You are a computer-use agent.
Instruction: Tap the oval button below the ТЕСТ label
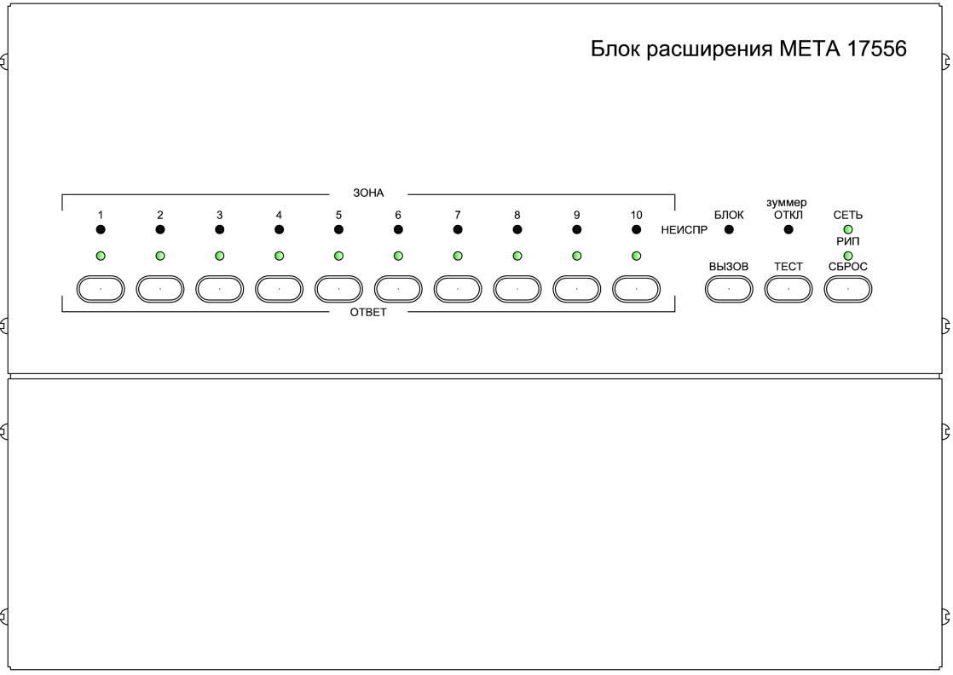click(x=788, y=289)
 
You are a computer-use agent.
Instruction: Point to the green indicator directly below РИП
click(x=848, y=255)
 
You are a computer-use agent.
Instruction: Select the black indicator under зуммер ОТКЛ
click(x=788, y=229)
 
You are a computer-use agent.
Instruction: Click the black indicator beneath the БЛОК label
click(x=729, y=229)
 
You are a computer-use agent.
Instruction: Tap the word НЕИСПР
click(x=679, y=229)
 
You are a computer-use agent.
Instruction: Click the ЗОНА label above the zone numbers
click(x=367, y=193)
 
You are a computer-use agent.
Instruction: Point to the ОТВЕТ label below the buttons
click(x=367, y=312)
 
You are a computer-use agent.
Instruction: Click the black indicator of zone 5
click(x=338, y=229)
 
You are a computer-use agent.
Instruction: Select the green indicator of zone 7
click(x=458, y=255)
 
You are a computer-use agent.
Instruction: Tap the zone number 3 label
click(x=219, y=215)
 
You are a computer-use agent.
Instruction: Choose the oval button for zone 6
click(x=398, y=289)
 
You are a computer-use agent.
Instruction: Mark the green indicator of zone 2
click(x=159, y=255)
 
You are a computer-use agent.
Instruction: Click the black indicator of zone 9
click(x=577, y=229)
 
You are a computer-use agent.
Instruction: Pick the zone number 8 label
click(x=517, y=215)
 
